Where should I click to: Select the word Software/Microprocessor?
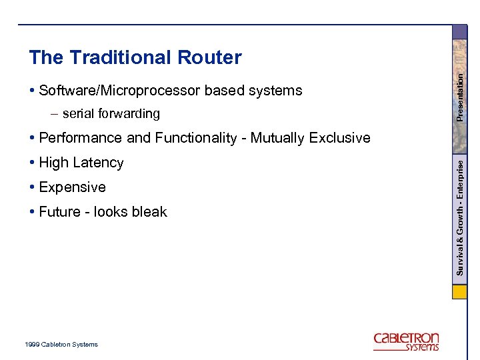click(x=120, y=91)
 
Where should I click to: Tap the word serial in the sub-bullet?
click(x=77, y=114)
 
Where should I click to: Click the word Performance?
click(x=81, y=139)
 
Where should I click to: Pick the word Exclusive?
click(x=340, y=139)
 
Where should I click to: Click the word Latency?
click(x=99, y=163)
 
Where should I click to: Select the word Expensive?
click(x=72, y=187)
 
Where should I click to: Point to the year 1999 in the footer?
click(x=31, y=345)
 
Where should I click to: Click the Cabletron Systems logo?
click(x=406, y=341)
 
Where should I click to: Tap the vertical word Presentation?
click(x=460, y=96)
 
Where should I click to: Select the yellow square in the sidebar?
click(x=460, y=293)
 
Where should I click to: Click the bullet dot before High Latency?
click(x=32, y=163)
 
